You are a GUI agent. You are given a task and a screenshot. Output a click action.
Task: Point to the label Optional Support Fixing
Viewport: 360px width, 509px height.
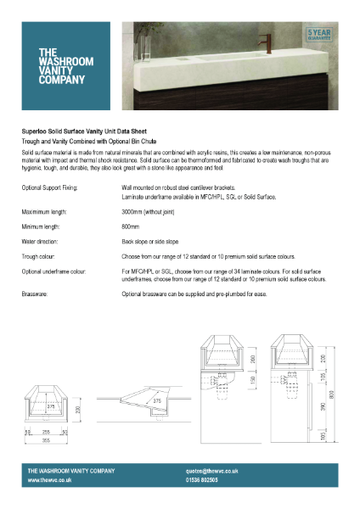(x=50, y=186)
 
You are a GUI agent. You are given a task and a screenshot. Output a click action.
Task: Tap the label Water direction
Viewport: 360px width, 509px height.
(x=42, y=242)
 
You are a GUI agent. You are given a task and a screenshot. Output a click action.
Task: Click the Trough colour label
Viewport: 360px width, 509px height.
(x=40, y=255)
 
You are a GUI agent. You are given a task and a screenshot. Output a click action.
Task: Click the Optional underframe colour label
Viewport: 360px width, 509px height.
(x=56, y=271)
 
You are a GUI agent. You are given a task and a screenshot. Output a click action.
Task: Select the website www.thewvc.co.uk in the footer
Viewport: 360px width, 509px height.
(x=49, y=480)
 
